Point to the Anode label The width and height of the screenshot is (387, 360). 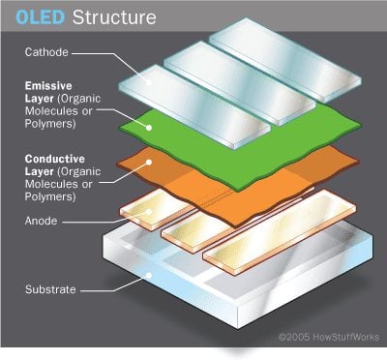point(38,221)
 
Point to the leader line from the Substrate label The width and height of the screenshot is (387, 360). point(106,288)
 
